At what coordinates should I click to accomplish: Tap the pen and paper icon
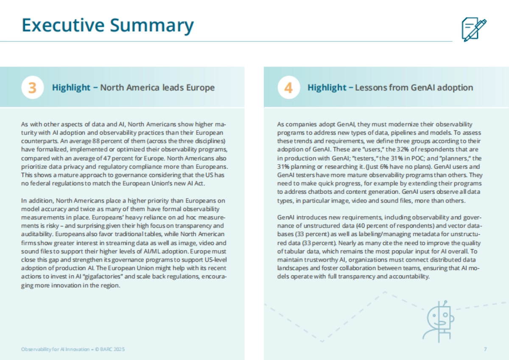point(473,29)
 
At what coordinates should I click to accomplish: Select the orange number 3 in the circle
point(32,88)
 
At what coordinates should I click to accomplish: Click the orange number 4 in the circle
point(288,88)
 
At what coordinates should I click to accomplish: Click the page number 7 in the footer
point(485,349)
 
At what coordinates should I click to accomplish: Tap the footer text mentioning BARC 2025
point(73,349)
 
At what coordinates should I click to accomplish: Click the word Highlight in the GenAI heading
point(327,88)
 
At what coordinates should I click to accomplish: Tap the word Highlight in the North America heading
point(71,88)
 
